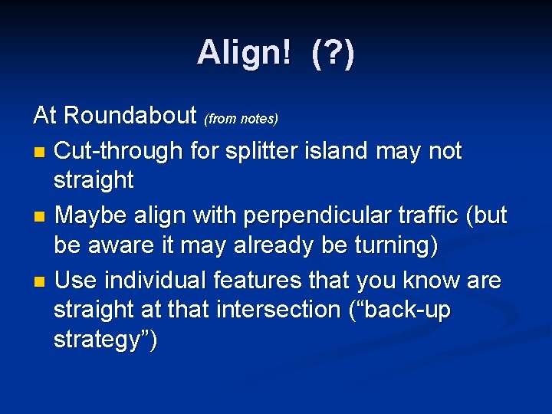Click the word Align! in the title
click(x=244, y=53)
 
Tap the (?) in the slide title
click(x=333, y=53)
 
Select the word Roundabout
click(x=131, y=116)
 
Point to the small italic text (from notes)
click(x=241, y=119)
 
